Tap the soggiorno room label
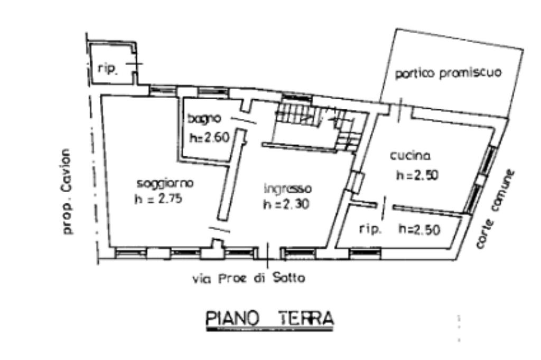coord(165,184)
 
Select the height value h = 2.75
coord(158,199)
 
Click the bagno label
coord(204,119)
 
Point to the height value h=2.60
coord(209,137)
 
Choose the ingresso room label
coord(288,189)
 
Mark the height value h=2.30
coord(286,204)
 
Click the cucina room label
coord(410,156)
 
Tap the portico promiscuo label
coord(448,73)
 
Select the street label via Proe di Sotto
coord(249,278)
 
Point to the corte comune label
coord(496,209)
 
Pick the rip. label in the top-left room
coord(108,69)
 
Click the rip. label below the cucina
coord(370,229)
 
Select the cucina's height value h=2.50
coord(417,175)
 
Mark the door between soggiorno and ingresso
coord(220,230)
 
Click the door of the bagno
coord(244,120)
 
